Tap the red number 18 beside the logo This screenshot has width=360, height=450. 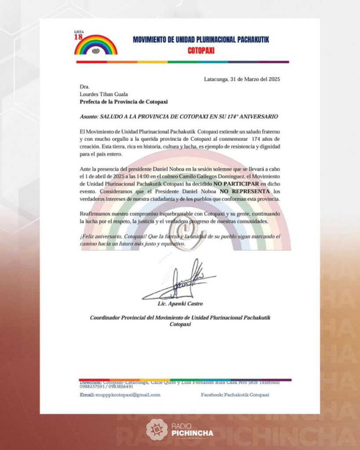78,37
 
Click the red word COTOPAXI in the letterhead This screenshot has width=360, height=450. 201,51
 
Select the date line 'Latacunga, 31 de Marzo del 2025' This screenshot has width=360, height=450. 242,80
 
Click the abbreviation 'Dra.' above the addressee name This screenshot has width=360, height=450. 84,87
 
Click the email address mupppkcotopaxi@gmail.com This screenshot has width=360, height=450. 128,395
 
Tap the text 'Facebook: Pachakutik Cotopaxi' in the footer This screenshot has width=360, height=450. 235,395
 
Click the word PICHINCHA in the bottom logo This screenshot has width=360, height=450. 192,433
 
